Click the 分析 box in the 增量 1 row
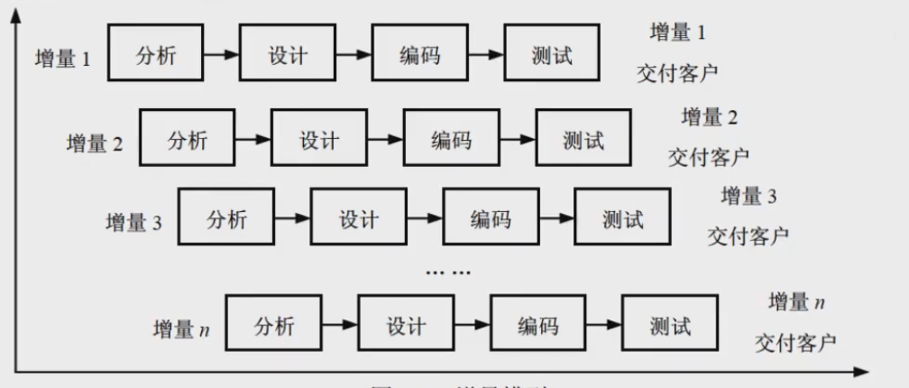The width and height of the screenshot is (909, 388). click(155, 55)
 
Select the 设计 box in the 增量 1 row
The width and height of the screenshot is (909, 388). click(287, 55)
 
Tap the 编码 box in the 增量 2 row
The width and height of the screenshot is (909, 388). click(451, 141)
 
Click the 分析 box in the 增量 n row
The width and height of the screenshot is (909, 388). click(273, 326)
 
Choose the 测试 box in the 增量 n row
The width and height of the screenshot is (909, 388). click(670, 326)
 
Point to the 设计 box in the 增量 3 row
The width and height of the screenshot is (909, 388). click(358, 219)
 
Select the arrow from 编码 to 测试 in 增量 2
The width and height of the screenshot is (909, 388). click(517, 141)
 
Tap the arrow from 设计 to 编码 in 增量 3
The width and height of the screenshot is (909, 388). click(424, 219)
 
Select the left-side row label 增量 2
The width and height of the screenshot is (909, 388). click(95, 143)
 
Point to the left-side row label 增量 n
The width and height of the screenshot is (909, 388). click(180, 329)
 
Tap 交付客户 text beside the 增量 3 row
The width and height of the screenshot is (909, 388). click(748, 236)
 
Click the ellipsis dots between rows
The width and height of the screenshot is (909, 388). click(448, 272)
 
